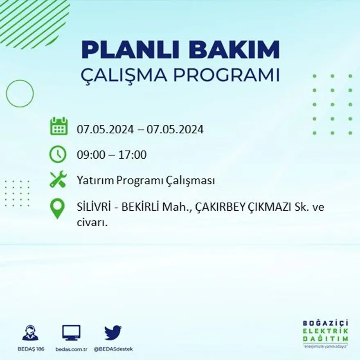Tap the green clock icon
pyautogui.click(x=57, y=154)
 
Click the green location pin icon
pyautogui.click(x=57, y=208)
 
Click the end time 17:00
pyautogui.click(x=133, y=155)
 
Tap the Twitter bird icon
pyautogui.click(x=113, y=333)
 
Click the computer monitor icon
pyautogui.click(x=71, y=333)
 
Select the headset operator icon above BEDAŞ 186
pyautogui.click(x=30, y=333)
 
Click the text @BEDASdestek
pyautogui.click(x=113, y=349)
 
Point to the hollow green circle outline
pyautogui.click(x=20, y=94)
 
